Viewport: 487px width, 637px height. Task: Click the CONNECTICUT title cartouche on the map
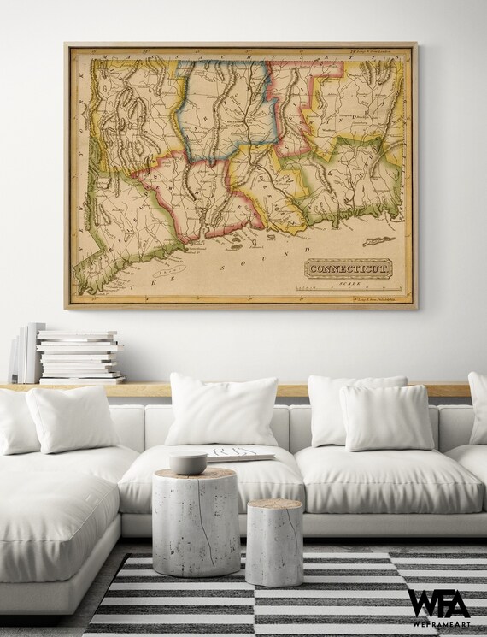pyautogui.click(x=348, y=268)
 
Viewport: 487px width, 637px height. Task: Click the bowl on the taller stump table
pyautogui.click(x=187, y=462)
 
